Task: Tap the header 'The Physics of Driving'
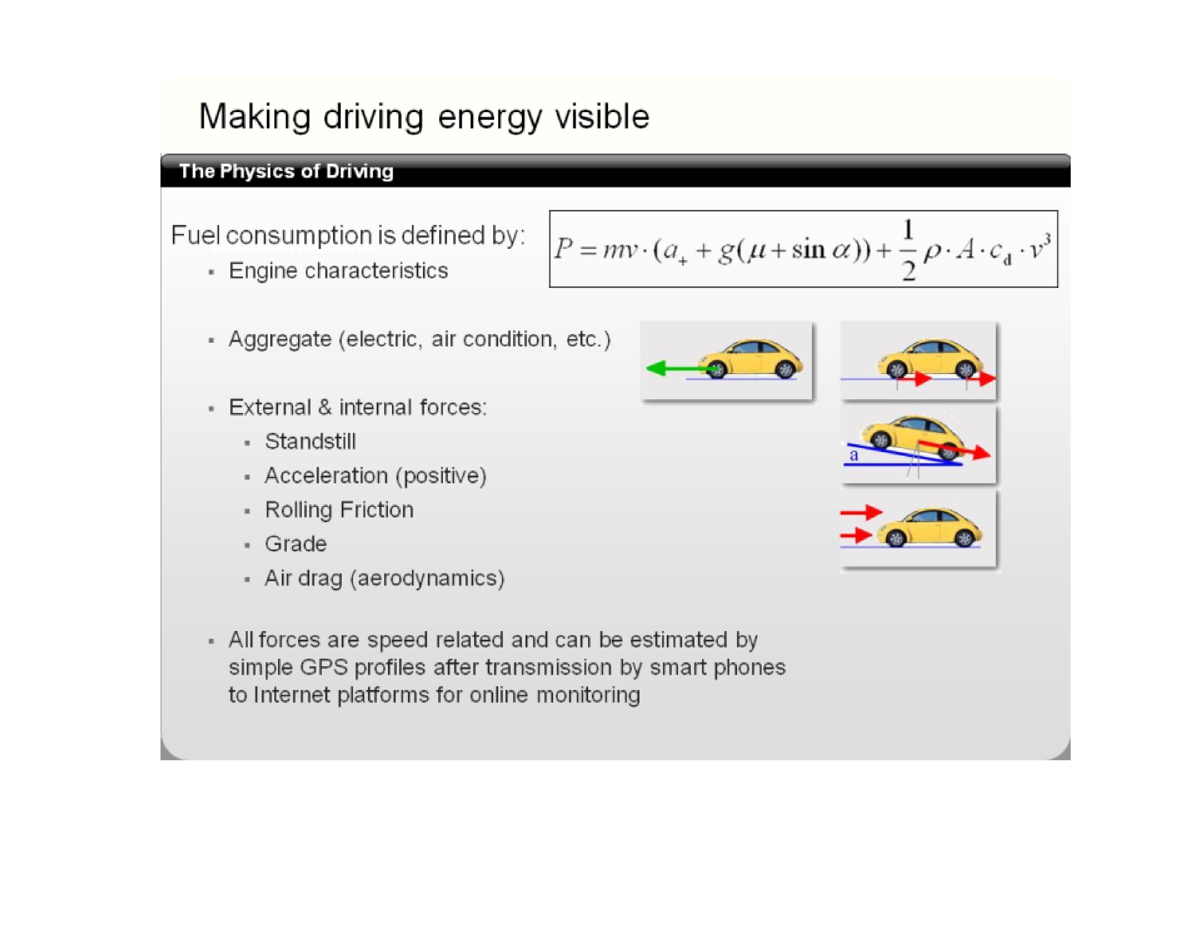tap(286, 171)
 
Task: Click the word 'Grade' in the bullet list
tap(296, 544)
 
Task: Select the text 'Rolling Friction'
tap(339, 509)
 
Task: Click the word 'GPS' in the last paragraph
tap(324, 667)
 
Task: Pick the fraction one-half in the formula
tap(908, 250)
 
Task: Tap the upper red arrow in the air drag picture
tap(861, 512)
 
